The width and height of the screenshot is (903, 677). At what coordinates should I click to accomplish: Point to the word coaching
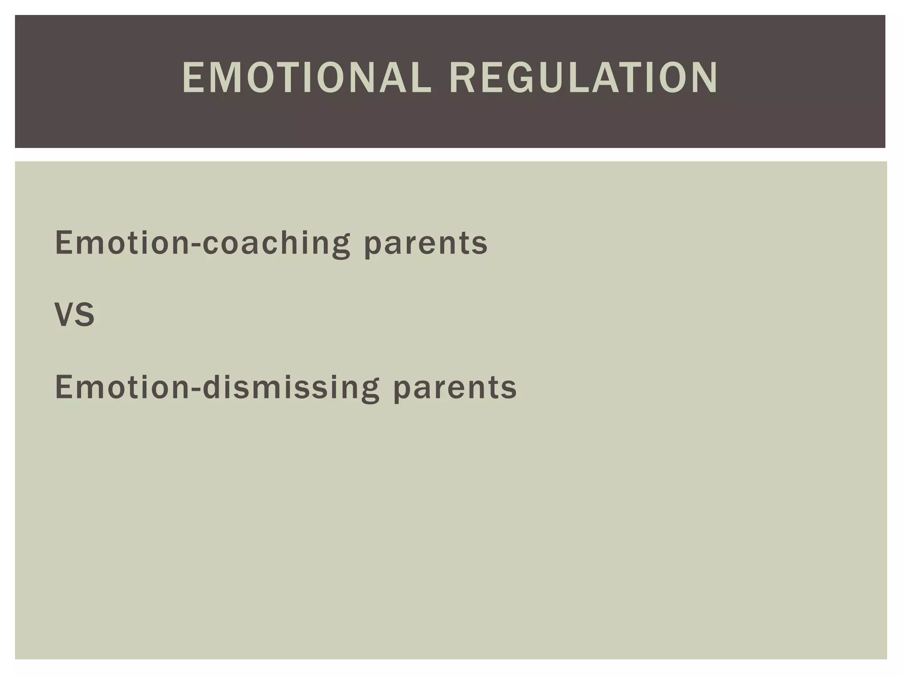pos(276,243)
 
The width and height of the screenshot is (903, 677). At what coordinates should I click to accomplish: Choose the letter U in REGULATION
pos(554,78)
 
